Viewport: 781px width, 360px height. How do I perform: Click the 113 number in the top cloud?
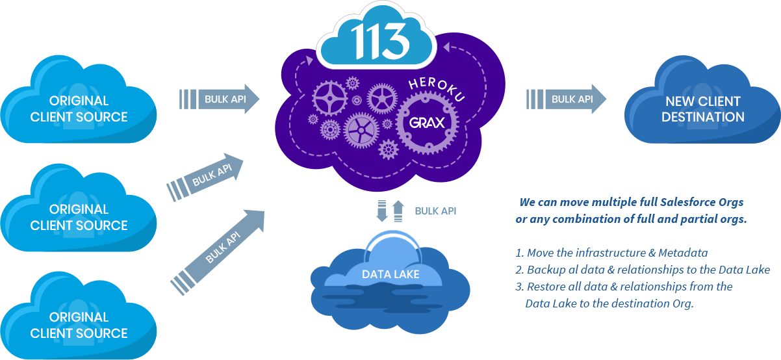pyautogui.click(x=380, y=41)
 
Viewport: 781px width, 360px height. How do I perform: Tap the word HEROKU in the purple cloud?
pyautogui.click(x=437, y=88)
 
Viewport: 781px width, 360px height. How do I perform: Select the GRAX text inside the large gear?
pyautogui.click(x=427, y=122)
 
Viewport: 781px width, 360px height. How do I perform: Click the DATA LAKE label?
pyautogui.click(x=390, y=274)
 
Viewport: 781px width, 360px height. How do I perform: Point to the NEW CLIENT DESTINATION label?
pyautogui.click(x=703, y=109)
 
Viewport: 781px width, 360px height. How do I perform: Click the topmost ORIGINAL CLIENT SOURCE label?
pyautogui.click(x=79, y=109)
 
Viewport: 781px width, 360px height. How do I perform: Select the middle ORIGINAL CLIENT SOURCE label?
pyautogui.click(x=79, y=217)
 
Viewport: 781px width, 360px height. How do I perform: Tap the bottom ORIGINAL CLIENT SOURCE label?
pyautogui.click(x=79, y=325)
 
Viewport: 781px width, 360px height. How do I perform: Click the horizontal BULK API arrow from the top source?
pyautogui.click(x=220, y=99)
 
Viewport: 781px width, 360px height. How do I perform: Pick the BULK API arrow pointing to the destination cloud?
pyautogui.click(x=566, y=99)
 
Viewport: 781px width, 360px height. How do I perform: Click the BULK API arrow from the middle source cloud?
pyautogui.click(x=205, y=177)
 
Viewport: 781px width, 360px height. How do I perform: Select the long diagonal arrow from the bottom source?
pyautogui.click(x=218, y=253)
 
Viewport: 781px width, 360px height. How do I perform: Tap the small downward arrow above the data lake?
pyautogui.click(x=382, y=211)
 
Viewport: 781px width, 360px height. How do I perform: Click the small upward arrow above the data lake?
pyautogui.click(x=398, y=211)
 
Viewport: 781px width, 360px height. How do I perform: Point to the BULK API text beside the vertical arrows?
pyautogui.click(x=435, y=211)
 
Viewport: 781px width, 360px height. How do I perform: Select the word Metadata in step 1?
pyautogui.click(x=683, y=253)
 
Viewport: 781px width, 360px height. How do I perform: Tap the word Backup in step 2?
pyautogui.click(x=544, y=270)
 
